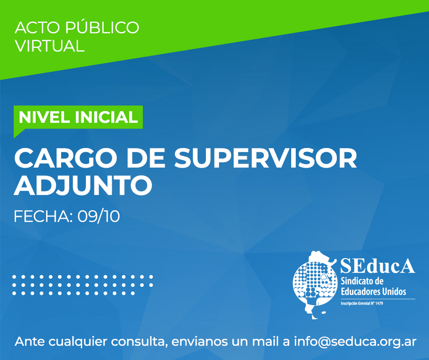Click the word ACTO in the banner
pos(37,28)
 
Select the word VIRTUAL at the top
pos(50,46)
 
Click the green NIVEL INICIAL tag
pos(78,117)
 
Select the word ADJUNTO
pos(83,185)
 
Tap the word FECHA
pos(43,217)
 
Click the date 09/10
pos(99,217)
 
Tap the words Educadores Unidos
pos(373,291)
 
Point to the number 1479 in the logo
pos(379,303)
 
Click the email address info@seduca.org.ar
pos(355,342)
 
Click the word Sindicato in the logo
pos(359,281)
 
